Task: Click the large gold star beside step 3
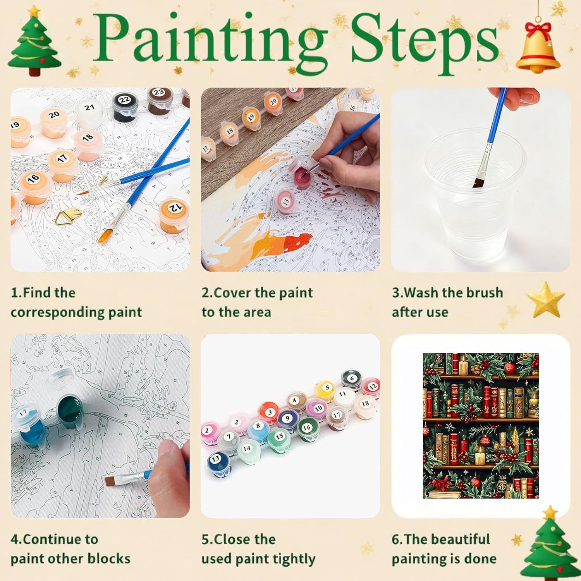[545, 299]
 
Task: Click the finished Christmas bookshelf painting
[481, 426]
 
